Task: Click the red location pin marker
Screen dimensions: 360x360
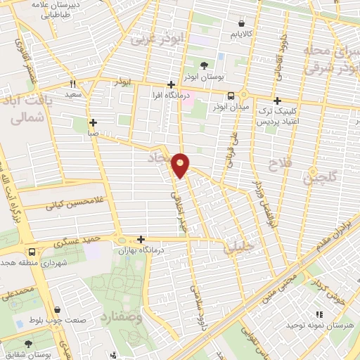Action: (x=181, y=165)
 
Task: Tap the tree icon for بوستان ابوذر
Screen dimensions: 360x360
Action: (x=204, y=65)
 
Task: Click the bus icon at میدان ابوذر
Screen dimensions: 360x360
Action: (x=231, y=96)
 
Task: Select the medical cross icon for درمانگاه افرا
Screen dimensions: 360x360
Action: (x=171, y=84)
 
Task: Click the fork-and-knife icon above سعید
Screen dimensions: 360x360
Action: (x=73, y=82)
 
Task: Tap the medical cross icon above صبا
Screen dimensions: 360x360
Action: (x=93, y=122)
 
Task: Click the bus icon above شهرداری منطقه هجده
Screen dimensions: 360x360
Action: (x=32, y=252)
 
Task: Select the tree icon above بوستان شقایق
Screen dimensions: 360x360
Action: (x=29, y=345)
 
